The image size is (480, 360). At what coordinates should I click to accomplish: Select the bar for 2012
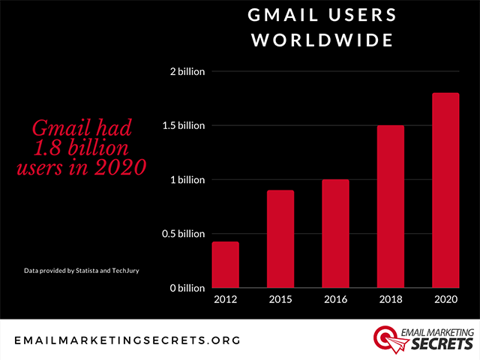pyautogui.click(x=226, y=264)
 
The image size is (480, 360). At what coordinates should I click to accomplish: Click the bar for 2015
pyautogui.click(x=280, y=238)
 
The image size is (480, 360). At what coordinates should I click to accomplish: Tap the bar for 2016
pyautogui.click(x=336, y=233)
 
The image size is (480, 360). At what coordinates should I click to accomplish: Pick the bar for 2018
pyautogui.click(x=391, y=206)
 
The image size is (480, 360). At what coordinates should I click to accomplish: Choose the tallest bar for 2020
pyautogui.click(x=445, y=190)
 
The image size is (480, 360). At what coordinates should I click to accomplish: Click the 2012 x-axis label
pyautogui.click(x=226, y=300)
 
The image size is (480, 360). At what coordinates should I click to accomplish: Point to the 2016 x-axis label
pyautogui.click(x=336, y=300)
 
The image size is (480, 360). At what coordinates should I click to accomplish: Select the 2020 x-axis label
pyautogui.click(x=445, y=300)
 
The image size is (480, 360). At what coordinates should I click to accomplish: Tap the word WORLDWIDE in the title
pyautogui.click(x=322, y=40)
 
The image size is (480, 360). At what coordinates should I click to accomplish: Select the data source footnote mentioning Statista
pyautogui.click(x=76, y=268)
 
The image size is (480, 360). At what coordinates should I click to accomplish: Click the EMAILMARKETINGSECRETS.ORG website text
pyautogui.click(x=127, y=340)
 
